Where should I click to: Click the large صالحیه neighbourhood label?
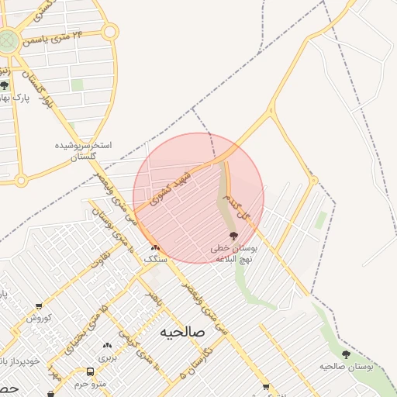click(x=181, y=332)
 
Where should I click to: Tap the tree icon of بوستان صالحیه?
click(x=346, y=354)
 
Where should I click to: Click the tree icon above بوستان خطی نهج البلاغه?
click(x=233, y=236)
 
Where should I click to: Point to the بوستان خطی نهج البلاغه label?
click(x=233, y=250)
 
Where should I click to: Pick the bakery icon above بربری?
click(x=107, y=345)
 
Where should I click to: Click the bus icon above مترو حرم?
click(x=91, y=373)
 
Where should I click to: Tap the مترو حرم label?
click(x=91, y=385)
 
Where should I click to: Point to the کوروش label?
click(x=38, y=318)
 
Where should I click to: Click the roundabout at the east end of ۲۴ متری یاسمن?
click(x=109, y=32)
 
